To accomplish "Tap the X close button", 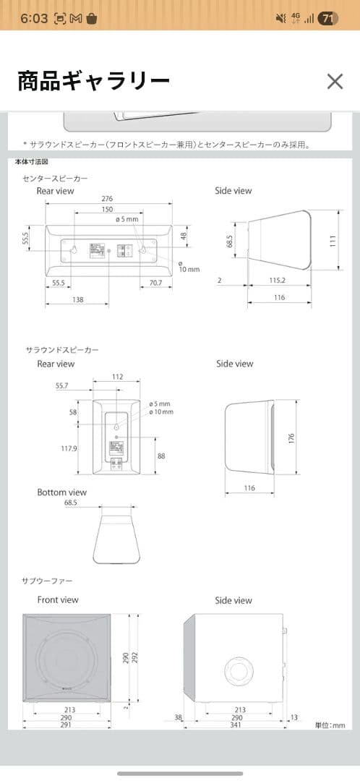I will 335,81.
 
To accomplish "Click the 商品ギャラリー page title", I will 93,81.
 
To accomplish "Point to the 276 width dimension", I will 107,198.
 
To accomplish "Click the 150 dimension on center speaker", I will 107,208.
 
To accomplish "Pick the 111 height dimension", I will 333,242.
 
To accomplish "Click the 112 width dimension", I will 118,376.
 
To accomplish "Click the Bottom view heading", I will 61,492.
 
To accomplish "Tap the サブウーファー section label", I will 47,581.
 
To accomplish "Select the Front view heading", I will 58,599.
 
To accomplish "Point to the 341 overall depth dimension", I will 236,724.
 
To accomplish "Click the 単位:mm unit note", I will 330,725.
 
